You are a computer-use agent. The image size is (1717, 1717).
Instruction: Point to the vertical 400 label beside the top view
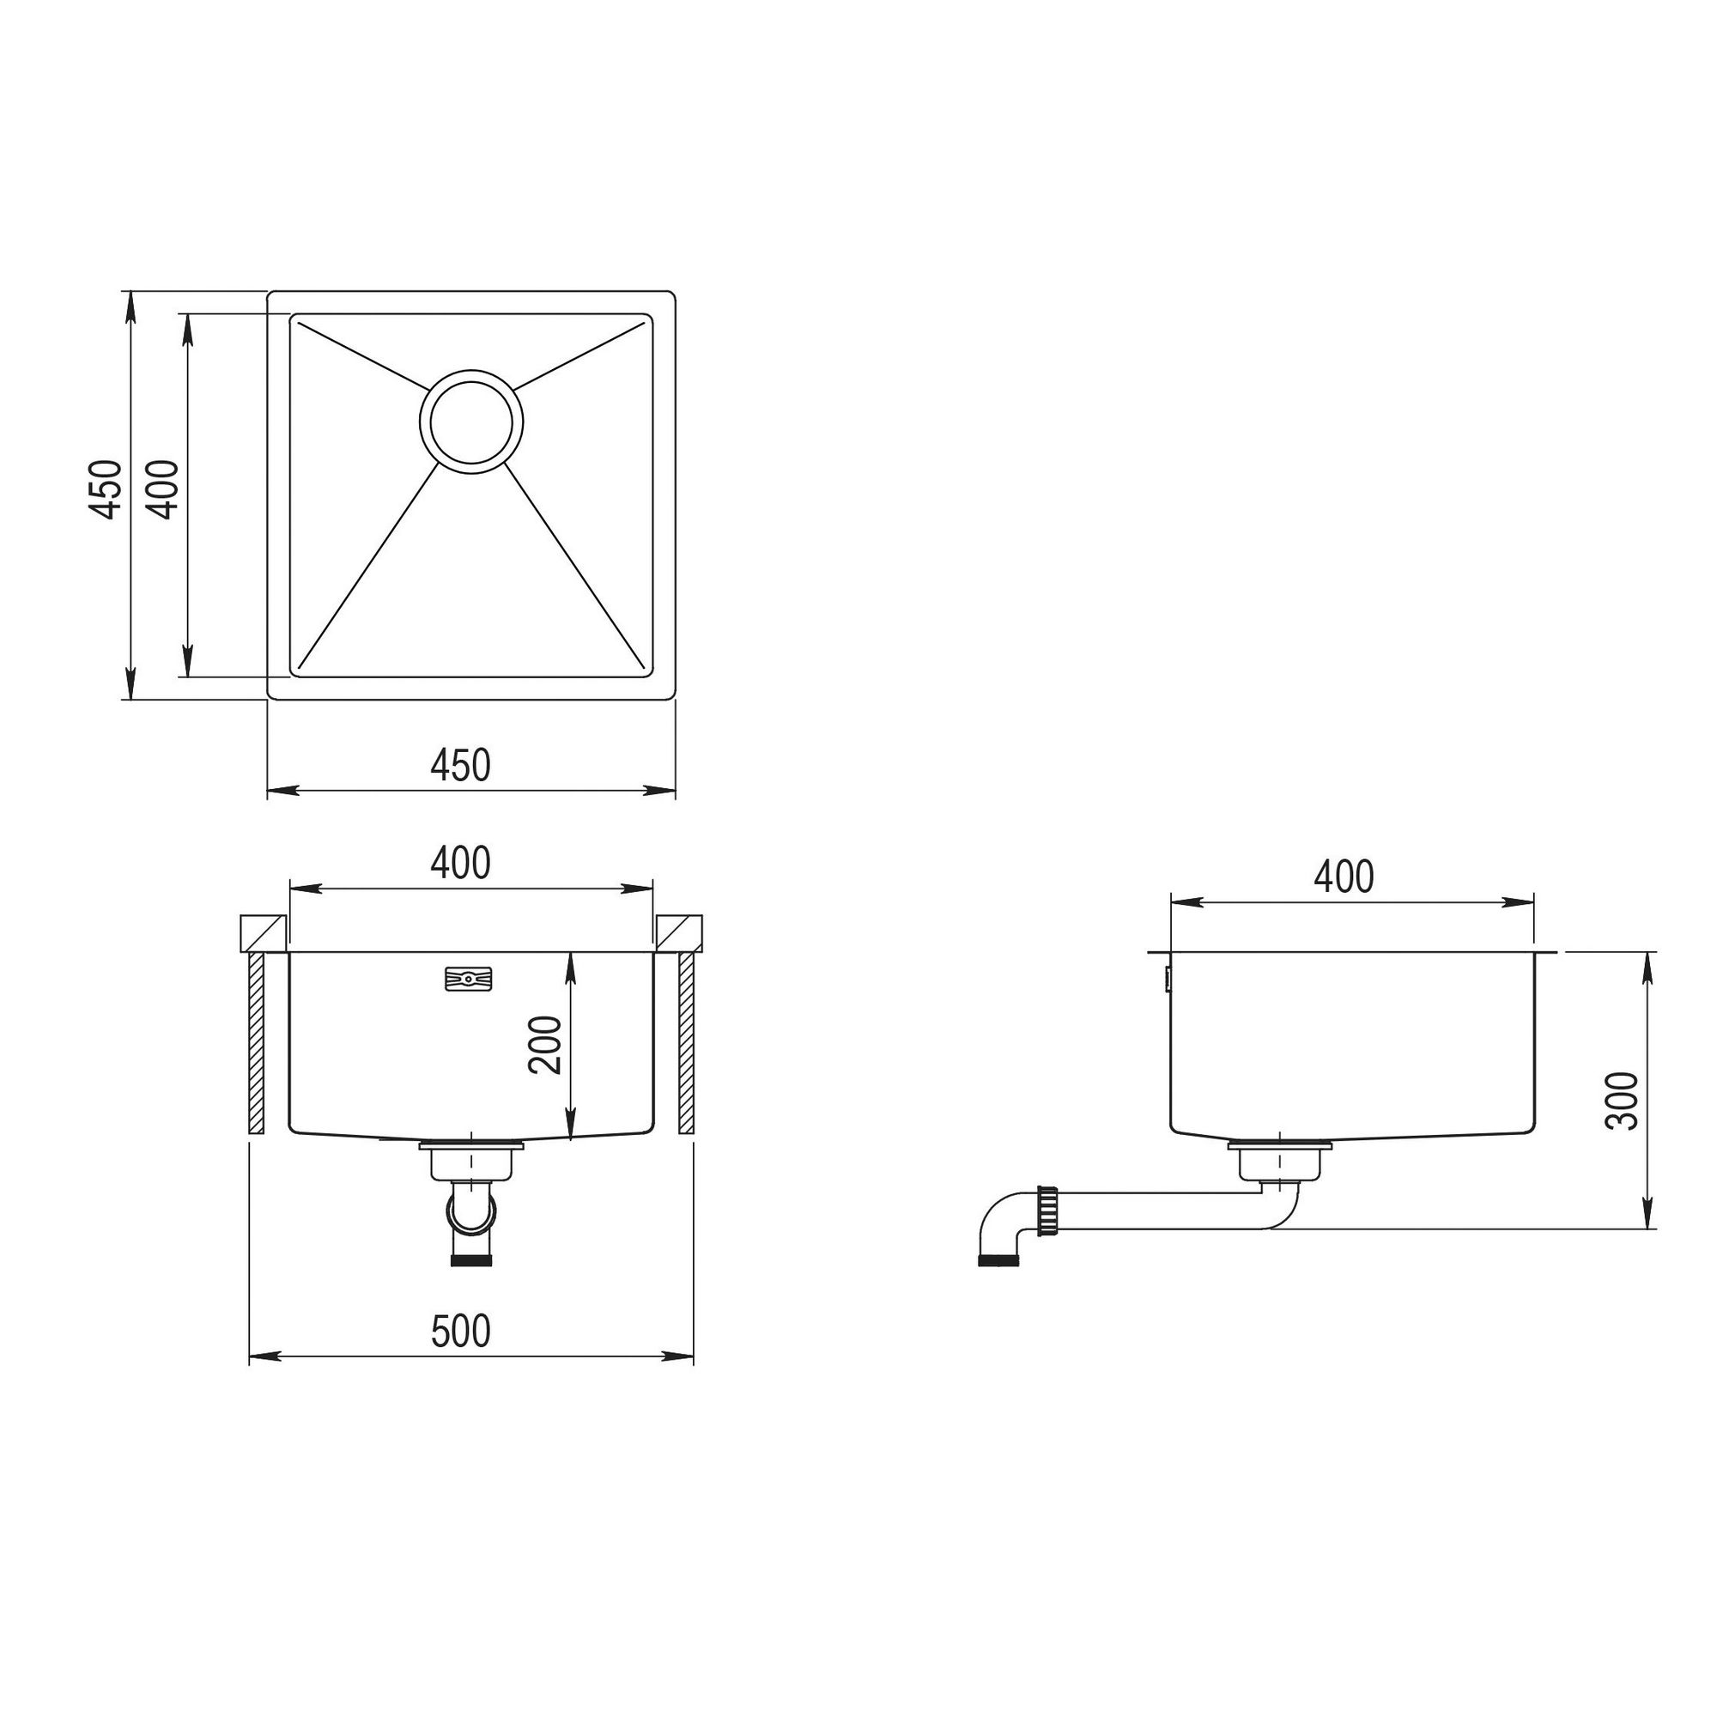pyautogui.click(x=162, y=488)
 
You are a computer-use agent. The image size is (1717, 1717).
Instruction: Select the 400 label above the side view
pyautogui.click(x=1344, y=877)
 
